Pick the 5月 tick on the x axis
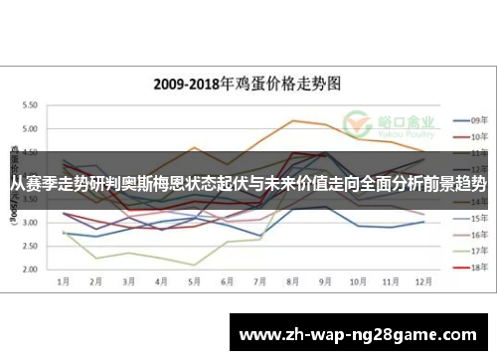(x=196, y=282)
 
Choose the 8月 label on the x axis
(x=294, y=282)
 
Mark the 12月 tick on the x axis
(x=423, y=282)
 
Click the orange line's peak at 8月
(x=294, y=120)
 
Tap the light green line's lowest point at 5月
(x=196, y=265)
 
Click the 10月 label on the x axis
(x=359, y=282)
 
